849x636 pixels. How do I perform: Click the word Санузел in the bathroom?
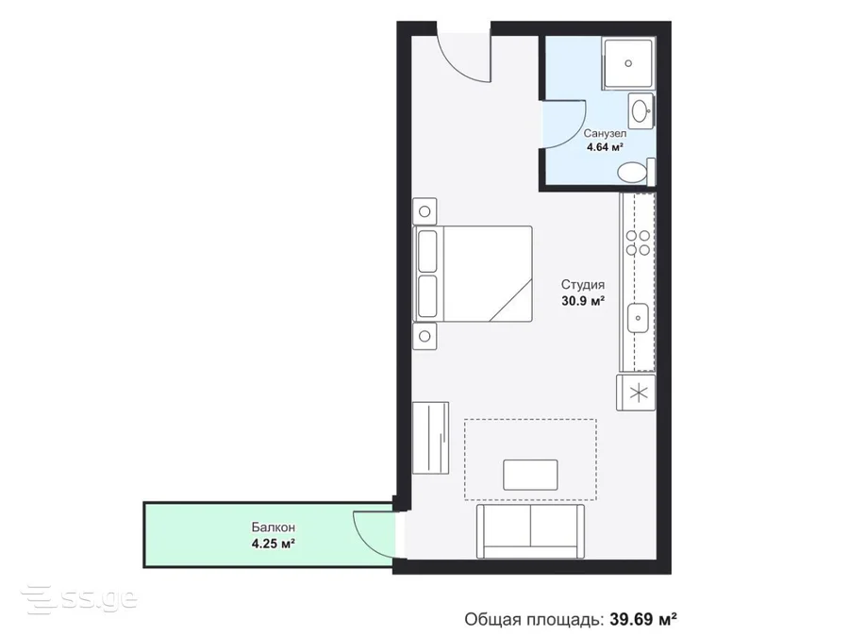click(x=605, y=133)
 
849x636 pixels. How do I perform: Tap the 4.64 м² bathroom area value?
click(x=605, y=147)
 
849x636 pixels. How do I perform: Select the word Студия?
click(x=583, y=285)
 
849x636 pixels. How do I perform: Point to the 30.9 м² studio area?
click(x=583, y=301)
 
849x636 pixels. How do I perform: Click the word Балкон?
click(x=273, y=527)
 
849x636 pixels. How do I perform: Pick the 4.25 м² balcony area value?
click(x=273, y=544)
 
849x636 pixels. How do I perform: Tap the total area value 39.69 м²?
click(x=643, y=619)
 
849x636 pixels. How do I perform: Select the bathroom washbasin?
click(x=641, y=111)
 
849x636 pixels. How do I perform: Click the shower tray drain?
click(x=628, y=63)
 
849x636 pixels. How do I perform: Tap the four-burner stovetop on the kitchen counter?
click(x=638, y=243)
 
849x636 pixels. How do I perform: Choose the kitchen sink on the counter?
click(x=638, y=319)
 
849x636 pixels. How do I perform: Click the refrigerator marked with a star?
click(x=636, y=393)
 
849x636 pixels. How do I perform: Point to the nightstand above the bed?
click(x=424, y=211)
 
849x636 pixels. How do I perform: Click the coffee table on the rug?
click(x=530, y=475)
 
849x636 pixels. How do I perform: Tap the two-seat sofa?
click(x=530, y=531)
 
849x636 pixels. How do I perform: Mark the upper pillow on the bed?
click(x=427, y=251)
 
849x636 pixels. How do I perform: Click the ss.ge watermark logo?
click(x=79, y=599)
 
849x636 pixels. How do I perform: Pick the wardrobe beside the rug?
click(x=430, y=438)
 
